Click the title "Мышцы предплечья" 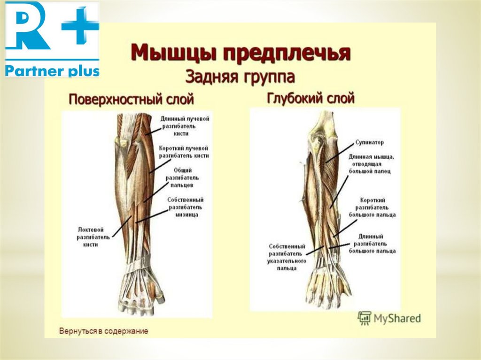point(240,53)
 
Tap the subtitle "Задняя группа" point(240,75)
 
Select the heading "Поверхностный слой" point(132,100)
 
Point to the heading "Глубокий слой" point(310,99)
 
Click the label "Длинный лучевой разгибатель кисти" point(184,126)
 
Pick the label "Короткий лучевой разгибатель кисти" point(184,151)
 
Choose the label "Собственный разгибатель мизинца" point(185,207)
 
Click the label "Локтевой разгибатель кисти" point(94,237)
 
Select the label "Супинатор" point(370,142)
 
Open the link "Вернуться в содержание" point(103,331)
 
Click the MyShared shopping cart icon point(364,318)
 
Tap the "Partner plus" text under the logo point(52,71)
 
